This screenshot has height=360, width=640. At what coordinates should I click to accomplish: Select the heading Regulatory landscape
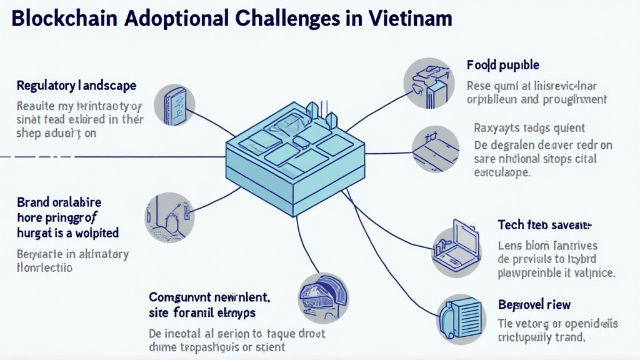[x=76, y=85]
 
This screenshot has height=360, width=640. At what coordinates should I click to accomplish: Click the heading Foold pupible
[x=502, y=65]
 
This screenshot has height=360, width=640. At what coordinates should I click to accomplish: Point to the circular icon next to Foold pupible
[x=429, y=82]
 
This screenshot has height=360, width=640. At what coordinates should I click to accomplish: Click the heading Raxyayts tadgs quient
[x=529, y=128]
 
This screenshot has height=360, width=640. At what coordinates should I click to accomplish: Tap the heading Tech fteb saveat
[x=544, y=224]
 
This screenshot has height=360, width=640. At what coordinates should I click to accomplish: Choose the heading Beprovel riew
[x=534, y=304]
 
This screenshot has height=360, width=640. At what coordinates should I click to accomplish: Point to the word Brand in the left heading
[x=33, y=202]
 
